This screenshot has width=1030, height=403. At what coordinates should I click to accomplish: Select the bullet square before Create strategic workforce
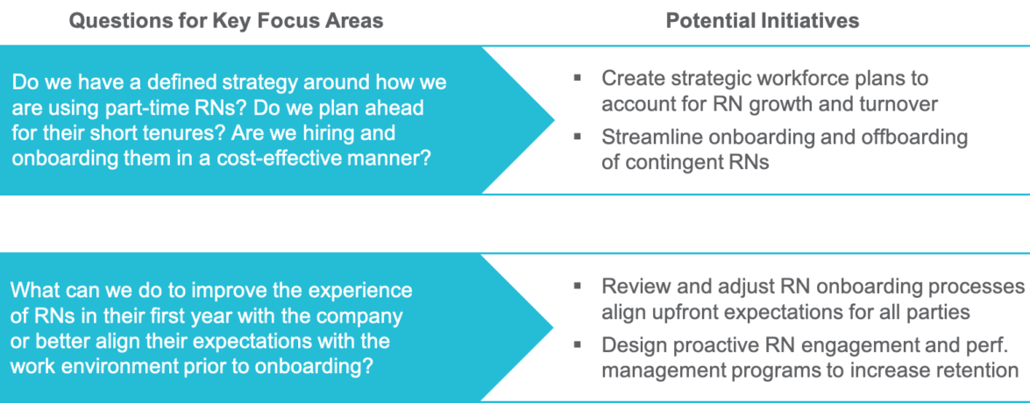(x=577, y=78)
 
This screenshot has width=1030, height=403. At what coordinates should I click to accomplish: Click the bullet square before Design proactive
(x=577, y=345)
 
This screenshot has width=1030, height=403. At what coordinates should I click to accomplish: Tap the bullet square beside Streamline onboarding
(x=577, y=138)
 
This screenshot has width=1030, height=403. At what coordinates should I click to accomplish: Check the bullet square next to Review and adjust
(x=577, y=286)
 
